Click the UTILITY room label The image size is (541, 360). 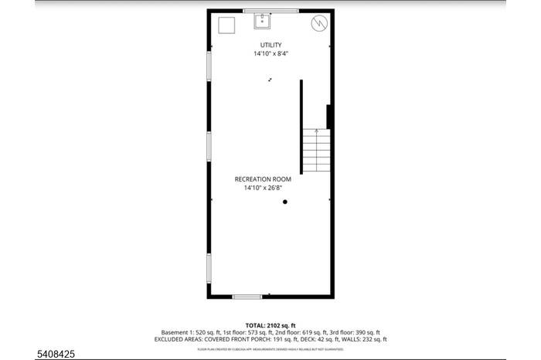[x=270, y=45]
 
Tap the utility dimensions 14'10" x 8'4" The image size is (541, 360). [x=270, y=54]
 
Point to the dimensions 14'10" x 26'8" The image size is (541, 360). [x=263, y=188]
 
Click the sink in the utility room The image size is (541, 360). [x=263, y=20]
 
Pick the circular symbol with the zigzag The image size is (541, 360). [x=318, y=24]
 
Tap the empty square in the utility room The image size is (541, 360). [x=226, y=25]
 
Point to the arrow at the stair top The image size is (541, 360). [x=316, y=132]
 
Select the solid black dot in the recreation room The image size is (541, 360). [x=285, y=202]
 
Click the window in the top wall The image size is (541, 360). [x=270, y=11]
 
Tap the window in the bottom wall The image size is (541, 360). [x=247, y=297]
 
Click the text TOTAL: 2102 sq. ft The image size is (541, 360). [x=270, y=326]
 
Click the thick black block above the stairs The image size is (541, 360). [x=329, y=117]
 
